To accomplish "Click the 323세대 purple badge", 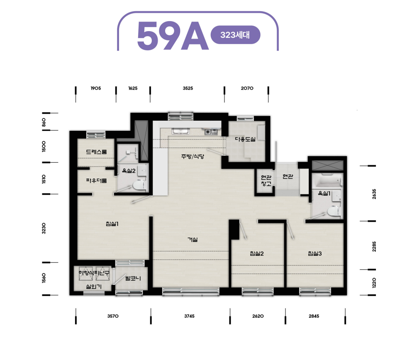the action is [x=235, y=35].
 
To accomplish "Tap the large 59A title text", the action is [x=173, y=36].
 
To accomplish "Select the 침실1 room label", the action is [x=112, y=224].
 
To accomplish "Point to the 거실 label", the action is [x=193, y=240].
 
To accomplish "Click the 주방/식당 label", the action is [x=193, y=157].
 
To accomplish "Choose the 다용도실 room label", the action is [x=245, y=139].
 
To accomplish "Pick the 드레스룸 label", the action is [x=96, y=152].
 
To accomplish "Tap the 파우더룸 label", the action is [x=96, y=181].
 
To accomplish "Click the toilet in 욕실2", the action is [x=139, y=185].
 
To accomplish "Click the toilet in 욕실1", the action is [x=334, y=211].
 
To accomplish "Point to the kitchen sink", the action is [x=180, y=131].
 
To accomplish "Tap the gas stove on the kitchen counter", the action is [x=211, y=132].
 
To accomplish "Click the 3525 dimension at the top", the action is [x=188, y=88].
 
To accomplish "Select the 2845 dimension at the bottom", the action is [x=314, y=316].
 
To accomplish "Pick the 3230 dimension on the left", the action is [x=44, y=228].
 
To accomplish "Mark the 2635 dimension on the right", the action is [x=374, y=194].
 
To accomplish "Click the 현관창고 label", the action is [x=266, y=180].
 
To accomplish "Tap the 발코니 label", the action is [x=133, y=279].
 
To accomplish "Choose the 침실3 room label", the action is [x=315, y=254].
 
